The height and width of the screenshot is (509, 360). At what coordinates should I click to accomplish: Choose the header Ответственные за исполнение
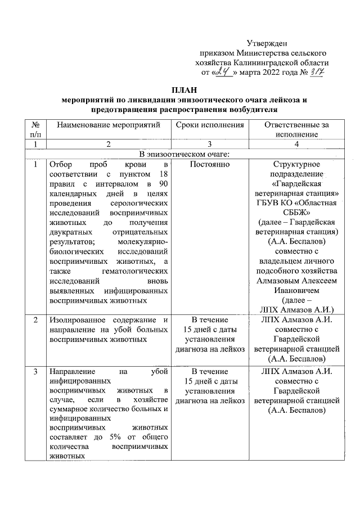tap(296, 129)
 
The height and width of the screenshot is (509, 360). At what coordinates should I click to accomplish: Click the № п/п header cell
tap(36, 129)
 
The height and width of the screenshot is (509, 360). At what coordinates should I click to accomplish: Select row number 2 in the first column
tap(35, 320)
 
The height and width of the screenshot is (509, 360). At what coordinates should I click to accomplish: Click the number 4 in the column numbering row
tap(296, 144)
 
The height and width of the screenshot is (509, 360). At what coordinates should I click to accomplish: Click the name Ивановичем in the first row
tap(296, 290)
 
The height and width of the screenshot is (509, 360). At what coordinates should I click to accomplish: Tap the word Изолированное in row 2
tap(74, 320)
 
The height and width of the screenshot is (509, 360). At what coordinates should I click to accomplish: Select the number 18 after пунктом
tap(163, 175)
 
